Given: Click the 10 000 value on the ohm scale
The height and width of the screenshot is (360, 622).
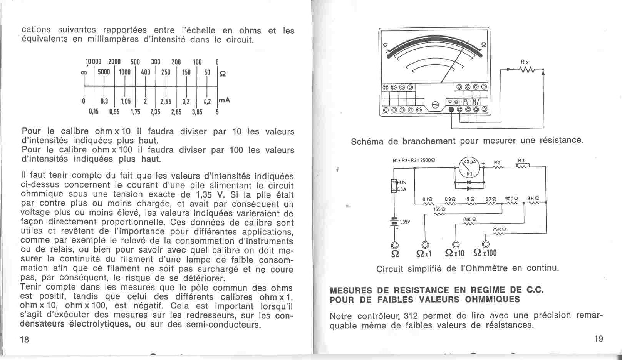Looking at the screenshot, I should tap(93, 62).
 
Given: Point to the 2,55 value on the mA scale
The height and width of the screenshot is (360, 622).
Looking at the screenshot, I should tap(166, 102).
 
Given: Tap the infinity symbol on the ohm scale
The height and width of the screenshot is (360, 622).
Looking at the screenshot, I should tap(84, 73).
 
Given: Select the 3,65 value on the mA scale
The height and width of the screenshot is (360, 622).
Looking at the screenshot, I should tap(197, 112).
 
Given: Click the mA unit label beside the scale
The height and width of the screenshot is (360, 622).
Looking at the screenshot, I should tap(224, 100).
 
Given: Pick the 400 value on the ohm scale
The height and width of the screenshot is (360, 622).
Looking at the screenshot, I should tap(145, 72).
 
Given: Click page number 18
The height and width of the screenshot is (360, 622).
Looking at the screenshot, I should tap(24, 339).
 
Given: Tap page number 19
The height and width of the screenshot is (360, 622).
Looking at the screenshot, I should tap(599, 339).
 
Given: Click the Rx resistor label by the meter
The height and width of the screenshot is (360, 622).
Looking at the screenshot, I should tap(525, 62).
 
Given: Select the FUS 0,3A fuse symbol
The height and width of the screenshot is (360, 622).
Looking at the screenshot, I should tap(394, 185).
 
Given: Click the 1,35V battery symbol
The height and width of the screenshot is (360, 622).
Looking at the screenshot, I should tap(394, 222).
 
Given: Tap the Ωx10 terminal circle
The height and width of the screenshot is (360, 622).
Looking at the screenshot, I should tap(456, 244).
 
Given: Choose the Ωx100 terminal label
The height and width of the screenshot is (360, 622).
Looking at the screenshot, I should tap(485, 253).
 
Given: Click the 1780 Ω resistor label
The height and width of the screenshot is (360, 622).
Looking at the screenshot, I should tap(467, 219).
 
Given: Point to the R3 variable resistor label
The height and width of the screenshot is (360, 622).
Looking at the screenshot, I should tap(521, 161).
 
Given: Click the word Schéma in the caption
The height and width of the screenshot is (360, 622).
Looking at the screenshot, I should tap(367, 141).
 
